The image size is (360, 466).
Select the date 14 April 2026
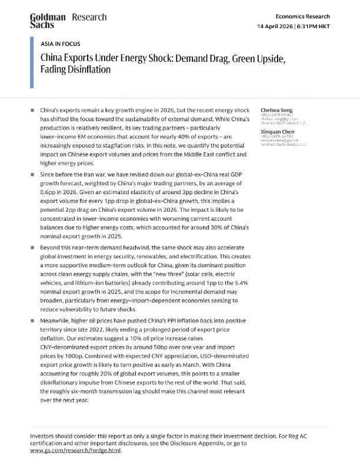pyautogui.click(x=280, y=27)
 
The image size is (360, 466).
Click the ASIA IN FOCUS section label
pyautogui.click(x=61, y=44)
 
